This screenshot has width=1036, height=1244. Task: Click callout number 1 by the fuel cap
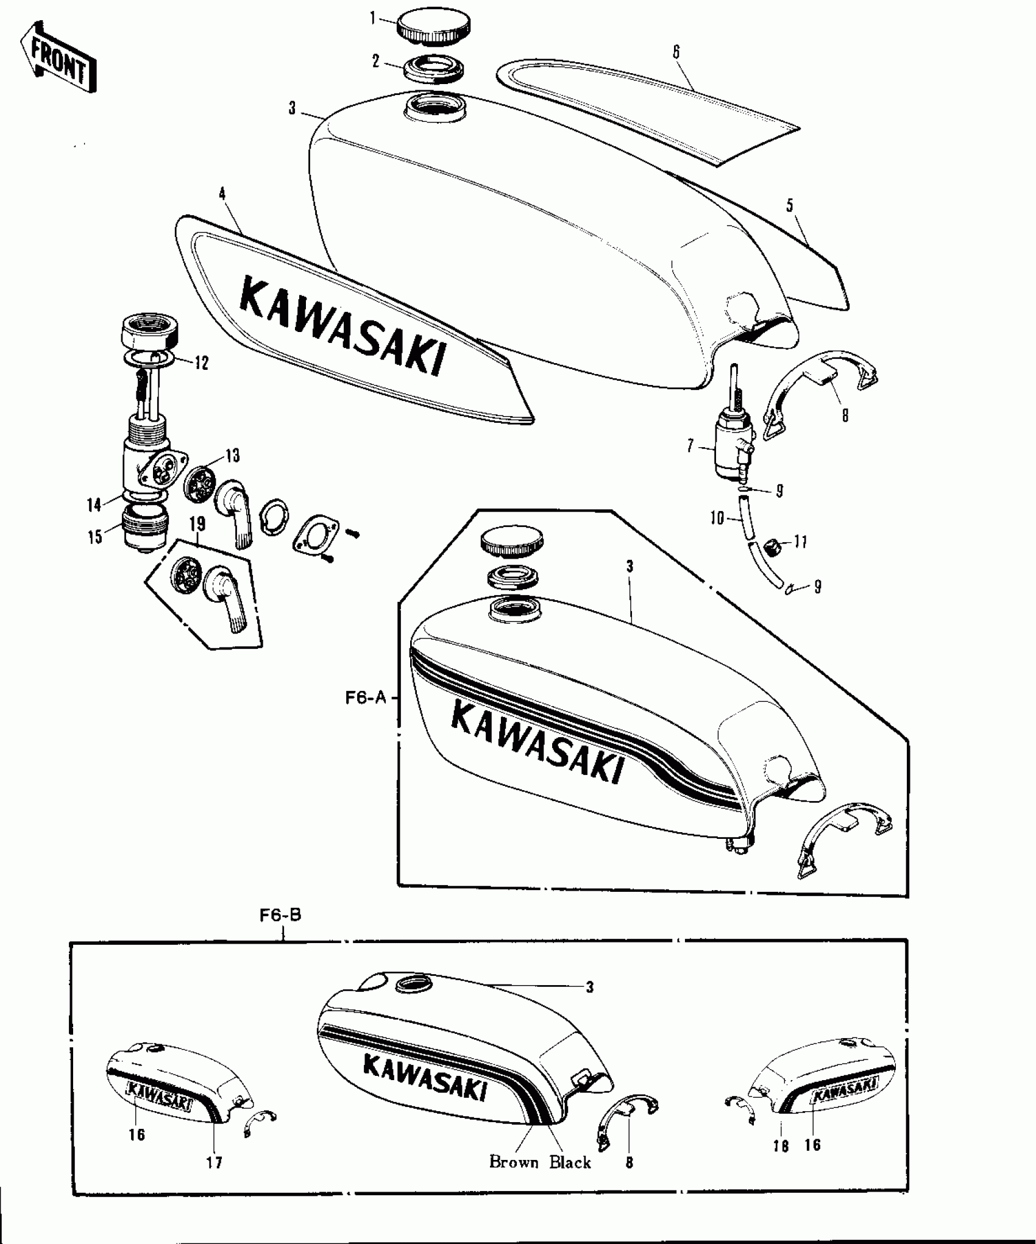tap(373, 19)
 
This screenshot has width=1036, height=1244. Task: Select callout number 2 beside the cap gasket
tap(376, 61)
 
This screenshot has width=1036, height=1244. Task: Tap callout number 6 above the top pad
tap(676, 52)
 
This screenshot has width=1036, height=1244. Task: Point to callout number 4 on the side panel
tap(222, 194)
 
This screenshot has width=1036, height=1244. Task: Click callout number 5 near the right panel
tap(790, 205)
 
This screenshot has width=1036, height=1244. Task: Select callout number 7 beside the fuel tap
tap(690, 447)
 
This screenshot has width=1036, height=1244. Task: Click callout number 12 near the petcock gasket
tap(201, 363)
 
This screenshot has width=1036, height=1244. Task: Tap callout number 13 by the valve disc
tap(232, 455)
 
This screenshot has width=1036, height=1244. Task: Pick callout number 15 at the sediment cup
tap(95, 538)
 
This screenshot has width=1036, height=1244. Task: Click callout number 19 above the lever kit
tap(197, 524)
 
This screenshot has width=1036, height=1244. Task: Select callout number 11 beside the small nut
tap(800, 541)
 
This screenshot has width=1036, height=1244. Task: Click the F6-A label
tap(366, 698)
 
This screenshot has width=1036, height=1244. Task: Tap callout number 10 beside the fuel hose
tap(717, 518)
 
